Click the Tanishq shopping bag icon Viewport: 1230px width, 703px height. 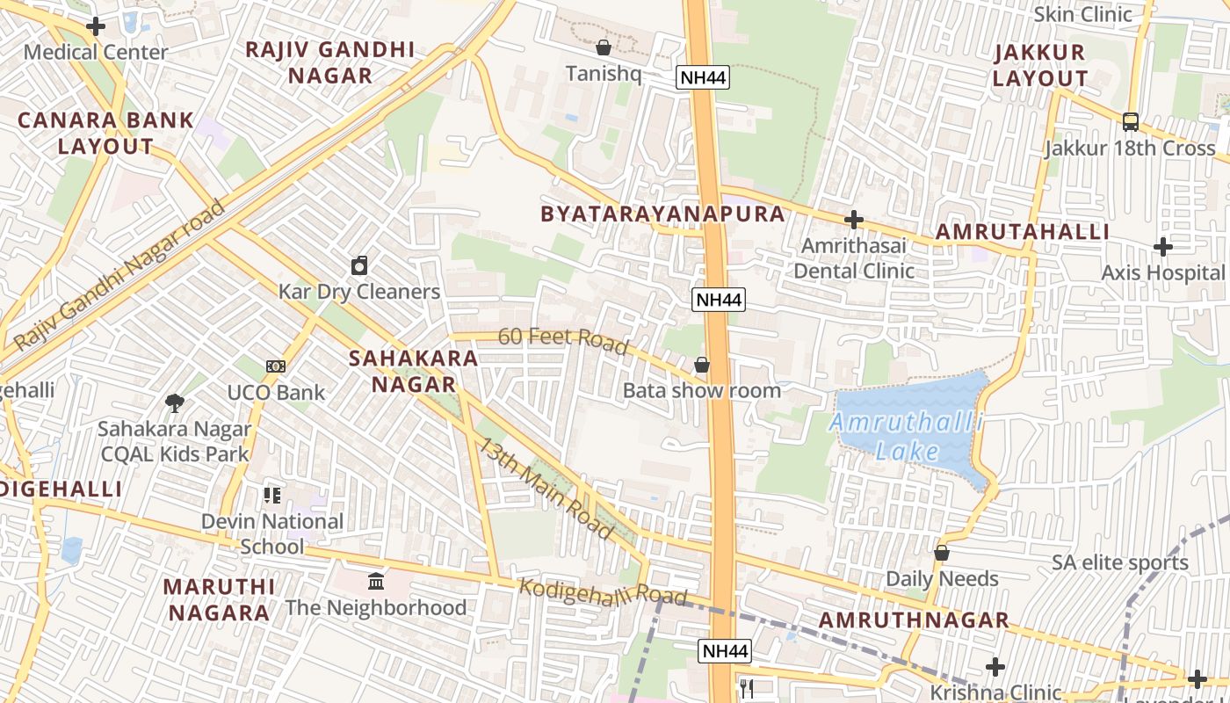pos(604,47)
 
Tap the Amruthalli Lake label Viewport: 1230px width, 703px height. pos(908,437)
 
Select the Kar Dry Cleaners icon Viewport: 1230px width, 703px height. pos(358,265)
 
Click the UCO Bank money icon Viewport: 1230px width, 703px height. pos(276,366)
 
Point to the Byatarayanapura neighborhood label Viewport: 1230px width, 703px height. pos(662,214)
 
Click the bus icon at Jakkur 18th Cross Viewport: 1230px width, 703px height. pos(1131,121)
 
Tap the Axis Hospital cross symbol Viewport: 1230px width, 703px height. pos(1163,247)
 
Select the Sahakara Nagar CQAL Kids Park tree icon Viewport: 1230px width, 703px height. pos(175,403)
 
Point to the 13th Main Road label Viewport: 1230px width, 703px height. pos(544,488)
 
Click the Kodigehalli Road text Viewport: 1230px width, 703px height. pos(603,591)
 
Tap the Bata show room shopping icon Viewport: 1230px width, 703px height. pos(702,364)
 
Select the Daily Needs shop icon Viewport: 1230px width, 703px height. pos(942,553)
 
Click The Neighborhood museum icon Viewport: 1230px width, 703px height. pos(376,581)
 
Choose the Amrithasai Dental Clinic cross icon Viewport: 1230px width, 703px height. pos(853,220)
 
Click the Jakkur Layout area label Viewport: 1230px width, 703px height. pos(1040,65)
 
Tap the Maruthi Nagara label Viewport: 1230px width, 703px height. pos(219,598)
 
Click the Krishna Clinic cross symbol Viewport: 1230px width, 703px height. pos(995,667)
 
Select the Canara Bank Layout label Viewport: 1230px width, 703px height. pos(105,133)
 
